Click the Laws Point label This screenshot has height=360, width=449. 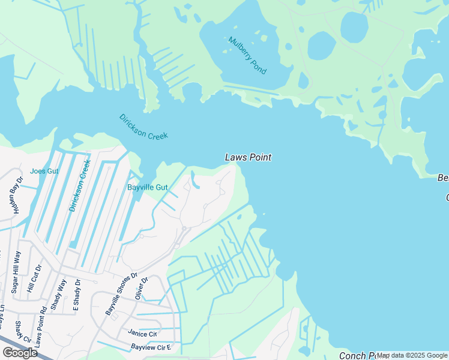point(248,157)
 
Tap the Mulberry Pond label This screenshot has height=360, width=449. point(247,55)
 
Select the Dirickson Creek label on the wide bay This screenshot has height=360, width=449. point(143,127)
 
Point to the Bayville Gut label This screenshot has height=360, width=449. point(147,187)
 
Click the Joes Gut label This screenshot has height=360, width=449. point(44,171)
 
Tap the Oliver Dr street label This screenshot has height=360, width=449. point(142,287)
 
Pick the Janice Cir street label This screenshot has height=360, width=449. point(142,334)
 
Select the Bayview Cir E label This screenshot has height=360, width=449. point(151,347)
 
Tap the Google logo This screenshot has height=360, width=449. point(19,353)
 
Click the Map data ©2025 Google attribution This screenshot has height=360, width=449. point(412,355)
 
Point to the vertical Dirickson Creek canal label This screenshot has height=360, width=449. point(80,185)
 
